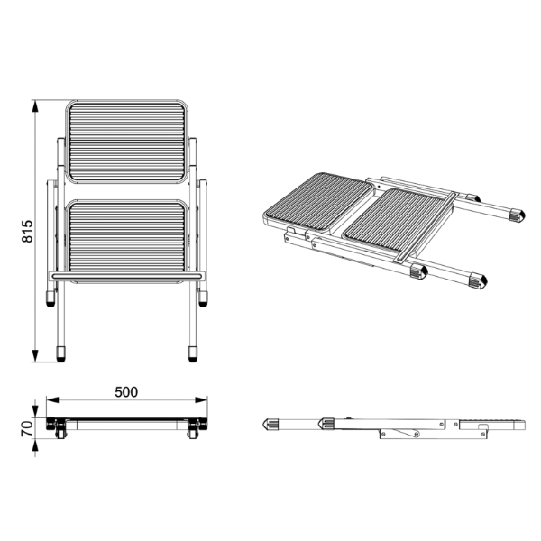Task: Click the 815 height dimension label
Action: point(27,233)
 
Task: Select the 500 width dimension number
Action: point(126,392)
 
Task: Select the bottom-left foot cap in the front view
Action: point(61,353)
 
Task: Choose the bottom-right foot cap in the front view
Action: point(193,353)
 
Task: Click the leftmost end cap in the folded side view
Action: point(270,423)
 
